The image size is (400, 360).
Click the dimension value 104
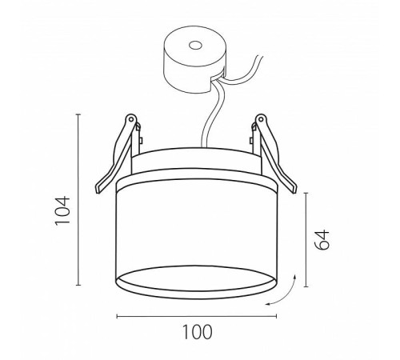tap(62, 210)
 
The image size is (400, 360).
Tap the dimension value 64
tap(322, 239)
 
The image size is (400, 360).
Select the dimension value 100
tap(197, 332)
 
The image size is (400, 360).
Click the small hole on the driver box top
tap(195, 46)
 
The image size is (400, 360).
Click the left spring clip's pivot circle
tap(131, 118)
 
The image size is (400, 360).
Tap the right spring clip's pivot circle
tap(261, 118)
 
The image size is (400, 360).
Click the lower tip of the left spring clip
tap(98, 190)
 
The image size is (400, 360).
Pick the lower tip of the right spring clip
tap(294, 190)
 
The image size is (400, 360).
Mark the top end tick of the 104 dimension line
tap(78, 114)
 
